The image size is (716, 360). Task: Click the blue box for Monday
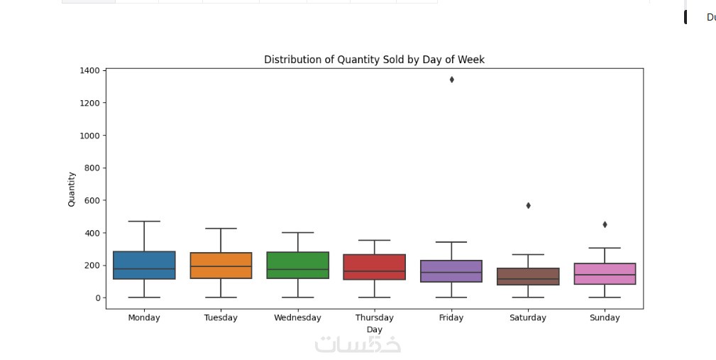coord(144,265)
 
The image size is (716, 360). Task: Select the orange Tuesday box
coord(221,265)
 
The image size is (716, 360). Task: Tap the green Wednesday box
coord(297,265)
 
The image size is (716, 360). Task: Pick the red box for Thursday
coord(374,266)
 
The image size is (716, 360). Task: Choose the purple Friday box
coord(451,271)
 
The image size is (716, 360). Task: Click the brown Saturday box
coord(528,276)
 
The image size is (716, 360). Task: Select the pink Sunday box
coord(605,273)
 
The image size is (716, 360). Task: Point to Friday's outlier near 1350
coord(451,80)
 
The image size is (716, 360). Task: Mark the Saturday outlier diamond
coord(528,206)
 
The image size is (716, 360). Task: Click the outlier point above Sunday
coord(605,224)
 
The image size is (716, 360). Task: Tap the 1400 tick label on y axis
coord(89,70)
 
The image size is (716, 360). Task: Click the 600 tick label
coord(92,200)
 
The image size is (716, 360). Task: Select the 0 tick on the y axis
coord(97,298)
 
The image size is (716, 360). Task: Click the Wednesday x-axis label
coord(297,317)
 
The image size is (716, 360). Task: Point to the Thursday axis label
coord(374,317)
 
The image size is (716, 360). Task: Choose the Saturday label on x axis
coord(528,317)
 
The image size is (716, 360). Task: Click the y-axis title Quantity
coord(72,189)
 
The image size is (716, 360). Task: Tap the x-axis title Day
coord(374,329)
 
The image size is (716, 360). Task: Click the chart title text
coord(374,60)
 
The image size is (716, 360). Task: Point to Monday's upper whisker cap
coord(144,222)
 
